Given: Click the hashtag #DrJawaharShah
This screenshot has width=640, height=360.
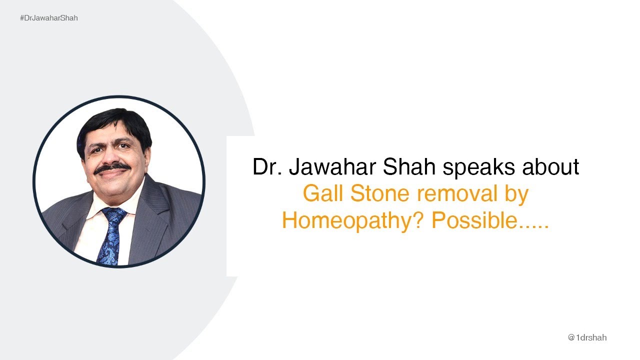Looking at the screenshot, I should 48,18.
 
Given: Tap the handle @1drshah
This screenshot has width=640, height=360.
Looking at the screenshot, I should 587,337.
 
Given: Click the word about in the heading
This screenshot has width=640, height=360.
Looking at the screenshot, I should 550,167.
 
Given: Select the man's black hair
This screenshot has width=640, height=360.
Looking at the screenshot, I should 115,122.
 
